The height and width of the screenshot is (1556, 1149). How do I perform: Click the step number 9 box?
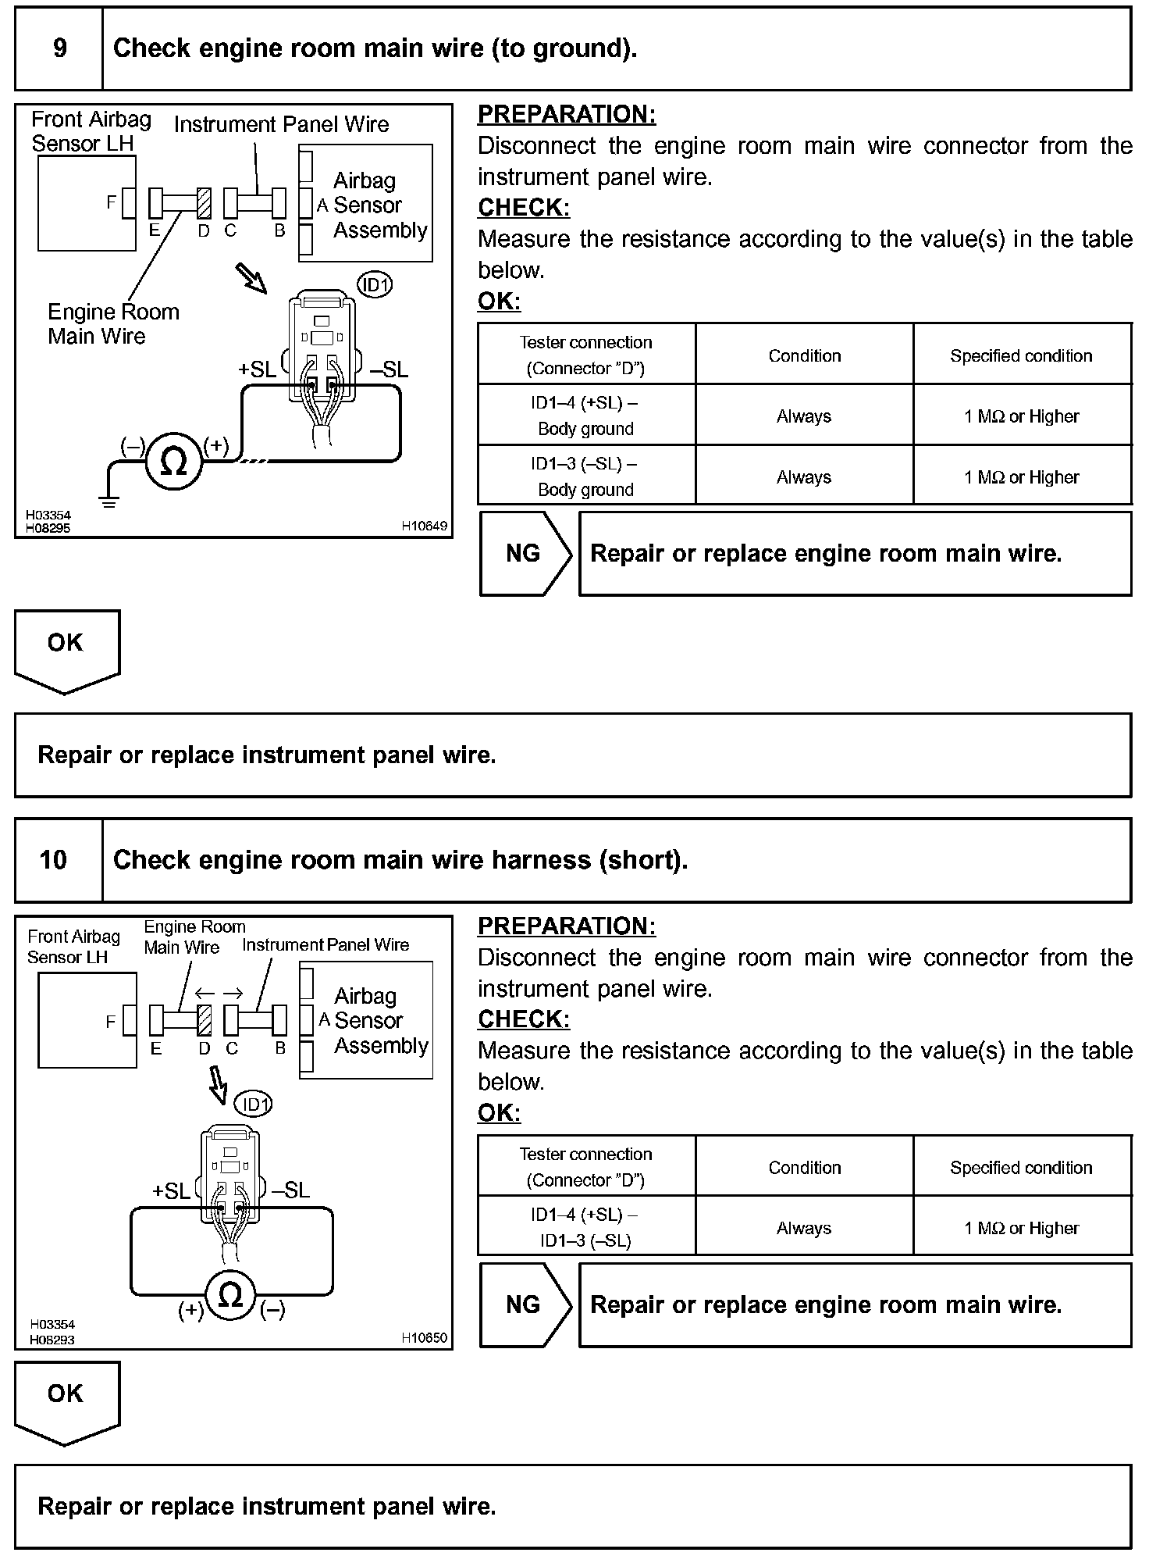coord(59,48)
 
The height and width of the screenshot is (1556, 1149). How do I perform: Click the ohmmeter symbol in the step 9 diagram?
coord(173,462)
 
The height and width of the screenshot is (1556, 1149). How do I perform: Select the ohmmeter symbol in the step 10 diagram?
coord(231,1295)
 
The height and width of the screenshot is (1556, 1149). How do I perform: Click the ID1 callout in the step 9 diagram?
coord(375,285)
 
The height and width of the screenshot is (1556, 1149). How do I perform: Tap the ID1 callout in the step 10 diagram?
coord(254,1105)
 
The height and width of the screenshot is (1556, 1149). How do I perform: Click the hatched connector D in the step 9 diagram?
coord(204,204)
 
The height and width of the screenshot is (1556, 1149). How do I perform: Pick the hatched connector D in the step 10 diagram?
coord(205,1020)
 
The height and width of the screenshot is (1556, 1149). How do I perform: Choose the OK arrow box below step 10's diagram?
coord(66,1401)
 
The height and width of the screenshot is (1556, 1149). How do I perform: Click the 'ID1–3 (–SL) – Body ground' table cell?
coord(586,476)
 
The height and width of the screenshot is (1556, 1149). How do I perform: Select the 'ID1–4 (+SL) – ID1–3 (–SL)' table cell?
coord(586,1227)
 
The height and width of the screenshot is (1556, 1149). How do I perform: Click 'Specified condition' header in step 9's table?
coord(1021,355)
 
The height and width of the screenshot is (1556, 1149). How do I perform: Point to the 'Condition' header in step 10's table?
coord(804,1167)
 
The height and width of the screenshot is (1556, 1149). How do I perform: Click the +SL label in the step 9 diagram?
coord(258,369)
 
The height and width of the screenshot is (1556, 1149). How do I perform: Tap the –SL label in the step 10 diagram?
coord(290,1190)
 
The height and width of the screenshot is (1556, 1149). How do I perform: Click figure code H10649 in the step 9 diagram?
coord(425,526)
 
